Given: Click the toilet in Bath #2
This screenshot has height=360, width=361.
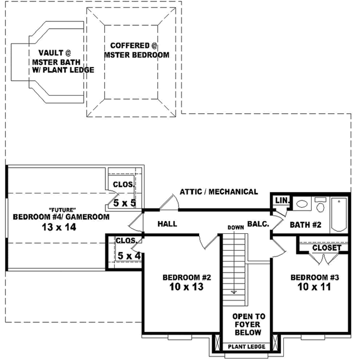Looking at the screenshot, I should click(x=320, y=206).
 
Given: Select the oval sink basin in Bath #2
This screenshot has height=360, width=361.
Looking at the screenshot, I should click(x=302, y=204).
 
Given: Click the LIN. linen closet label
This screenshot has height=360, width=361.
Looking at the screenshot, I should click(x=282, y=200).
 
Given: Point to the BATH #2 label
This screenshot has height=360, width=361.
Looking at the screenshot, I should click(x=305, y=225).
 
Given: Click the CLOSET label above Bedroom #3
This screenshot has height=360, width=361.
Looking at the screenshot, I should click(x=327, y=248).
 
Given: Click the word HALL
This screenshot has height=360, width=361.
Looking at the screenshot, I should click(x=167, y=224).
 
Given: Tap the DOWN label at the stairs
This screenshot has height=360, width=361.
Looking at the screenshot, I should click(x=236, y=227).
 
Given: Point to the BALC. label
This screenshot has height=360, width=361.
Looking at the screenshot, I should click(x=258, y=224).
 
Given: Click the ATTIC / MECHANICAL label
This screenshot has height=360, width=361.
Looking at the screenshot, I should click(x=219, y=191).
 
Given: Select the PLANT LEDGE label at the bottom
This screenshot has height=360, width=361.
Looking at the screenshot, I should click(x=246, y=347).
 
